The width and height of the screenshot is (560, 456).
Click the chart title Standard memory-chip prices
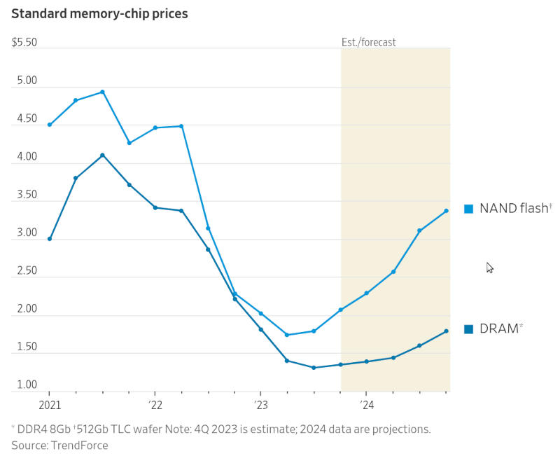pyautogui.click(x=99, y=13)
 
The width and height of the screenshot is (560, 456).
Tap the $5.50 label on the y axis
pyautogui.click(x=24, y=43)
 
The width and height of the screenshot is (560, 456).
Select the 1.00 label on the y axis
pyautogui.click(x=24, y=385)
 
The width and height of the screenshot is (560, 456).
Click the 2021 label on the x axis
pyautogui.click(x=50, y=404)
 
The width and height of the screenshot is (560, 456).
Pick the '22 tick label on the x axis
pyautogui.click(x=155, y=404)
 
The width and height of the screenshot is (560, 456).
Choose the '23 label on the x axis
pyautogui.click(x=260, y=404)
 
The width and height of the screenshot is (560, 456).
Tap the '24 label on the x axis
pyautogui.click(x=366, y=404)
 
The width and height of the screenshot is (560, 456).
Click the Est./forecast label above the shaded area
pyautogui.click(x=368, y=43)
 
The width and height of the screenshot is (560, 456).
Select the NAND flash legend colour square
pyautogui.click(x=469, y=209)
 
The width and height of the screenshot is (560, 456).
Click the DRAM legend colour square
pyautogui.click(x=469, y=329)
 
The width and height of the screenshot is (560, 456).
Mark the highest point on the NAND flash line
pyautogui.click(x=102, y=92)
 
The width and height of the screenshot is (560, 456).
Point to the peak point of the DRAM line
pyautogui.click(x=102, y=155)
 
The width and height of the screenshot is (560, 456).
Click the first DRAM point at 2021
pyautogui.click(x=50, y=239)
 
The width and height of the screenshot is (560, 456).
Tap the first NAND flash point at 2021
pyautogui.click(x=50, y=125)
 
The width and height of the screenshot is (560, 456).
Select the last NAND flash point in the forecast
pyautogui.click(x=446, y=211)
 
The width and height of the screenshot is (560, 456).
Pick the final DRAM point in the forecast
pyautogui.click(x=446, y=331)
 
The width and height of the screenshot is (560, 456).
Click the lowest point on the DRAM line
pyautogui.click(x=314, y=368)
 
